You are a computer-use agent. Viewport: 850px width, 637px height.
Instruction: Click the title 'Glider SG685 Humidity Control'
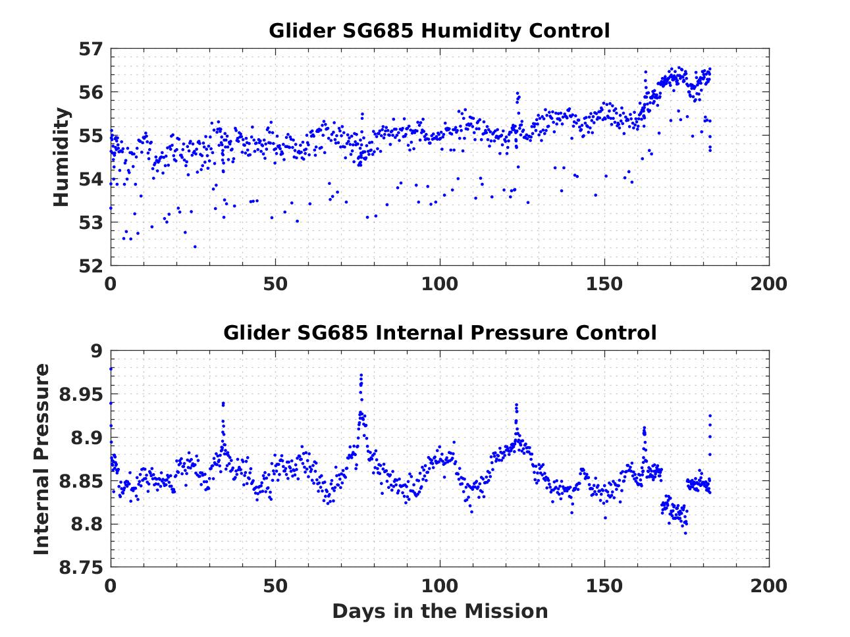(439, 30)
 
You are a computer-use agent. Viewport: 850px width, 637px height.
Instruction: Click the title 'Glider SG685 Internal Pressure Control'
(439, 332)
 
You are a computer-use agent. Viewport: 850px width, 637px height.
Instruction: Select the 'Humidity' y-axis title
(61, 157)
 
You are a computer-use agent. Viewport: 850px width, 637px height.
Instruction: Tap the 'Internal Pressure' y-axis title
(41, 459)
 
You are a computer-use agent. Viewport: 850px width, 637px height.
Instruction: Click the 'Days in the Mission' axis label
(439, 611)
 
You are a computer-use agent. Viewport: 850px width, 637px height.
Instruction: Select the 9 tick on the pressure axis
(97, 351)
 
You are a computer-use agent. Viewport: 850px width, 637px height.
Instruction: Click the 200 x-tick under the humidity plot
(768, 284)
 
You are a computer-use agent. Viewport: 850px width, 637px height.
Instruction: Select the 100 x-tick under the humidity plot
(439, 284)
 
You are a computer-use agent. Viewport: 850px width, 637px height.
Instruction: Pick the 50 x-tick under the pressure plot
(275, 585)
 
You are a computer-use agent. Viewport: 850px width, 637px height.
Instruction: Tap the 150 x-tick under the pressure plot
(604, 585)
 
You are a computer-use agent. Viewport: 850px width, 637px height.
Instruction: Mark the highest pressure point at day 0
(111, 369)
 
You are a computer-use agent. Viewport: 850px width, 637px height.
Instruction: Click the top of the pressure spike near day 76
(361, 375)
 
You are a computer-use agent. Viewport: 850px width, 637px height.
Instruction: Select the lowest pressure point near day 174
(685, 533)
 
